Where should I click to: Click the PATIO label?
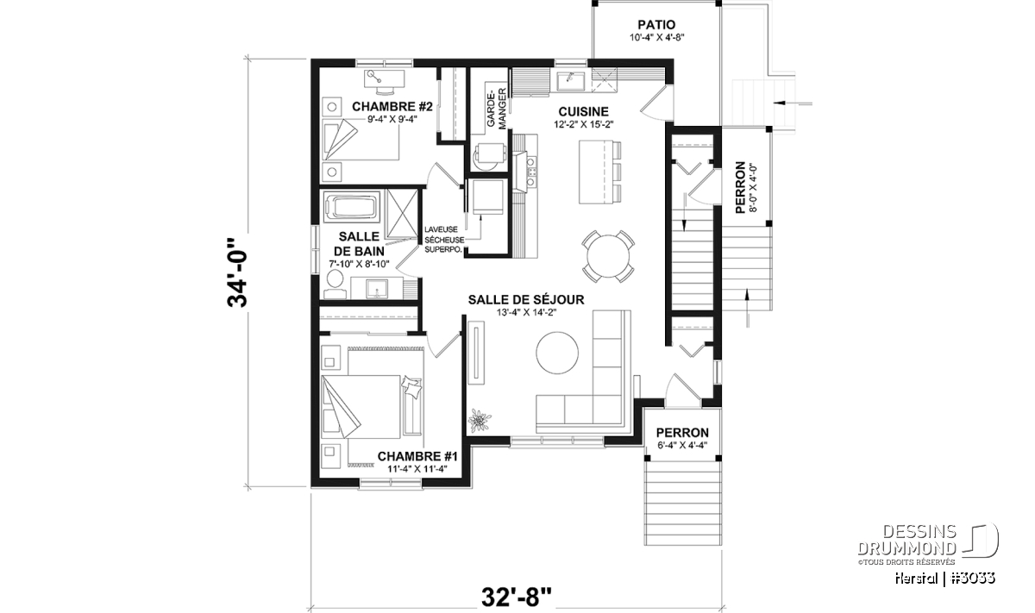pos(656,24)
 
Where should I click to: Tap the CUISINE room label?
pos(583,112)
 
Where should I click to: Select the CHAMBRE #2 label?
pos(392,107)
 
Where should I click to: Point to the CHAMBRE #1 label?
pos(417,456)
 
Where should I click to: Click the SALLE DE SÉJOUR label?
pos(526,300)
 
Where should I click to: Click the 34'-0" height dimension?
pos(237,272)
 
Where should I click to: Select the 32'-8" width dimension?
pos(517,597)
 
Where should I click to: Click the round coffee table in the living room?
pos(557,353)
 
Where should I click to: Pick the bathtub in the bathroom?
pos(350,206)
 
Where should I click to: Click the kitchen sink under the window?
pos(570,81)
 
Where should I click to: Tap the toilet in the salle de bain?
pos(335,285)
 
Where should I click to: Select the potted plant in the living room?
pos(480,421)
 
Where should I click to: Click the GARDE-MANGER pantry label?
pos(496,108)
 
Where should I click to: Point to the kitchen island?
pos(593,172)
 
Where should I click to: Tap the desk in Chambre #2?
pos(385,78)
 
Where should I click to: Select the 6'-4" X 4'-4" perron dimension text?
pos(682,446)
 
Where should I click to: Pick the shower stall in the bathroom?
pos(402,213)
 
